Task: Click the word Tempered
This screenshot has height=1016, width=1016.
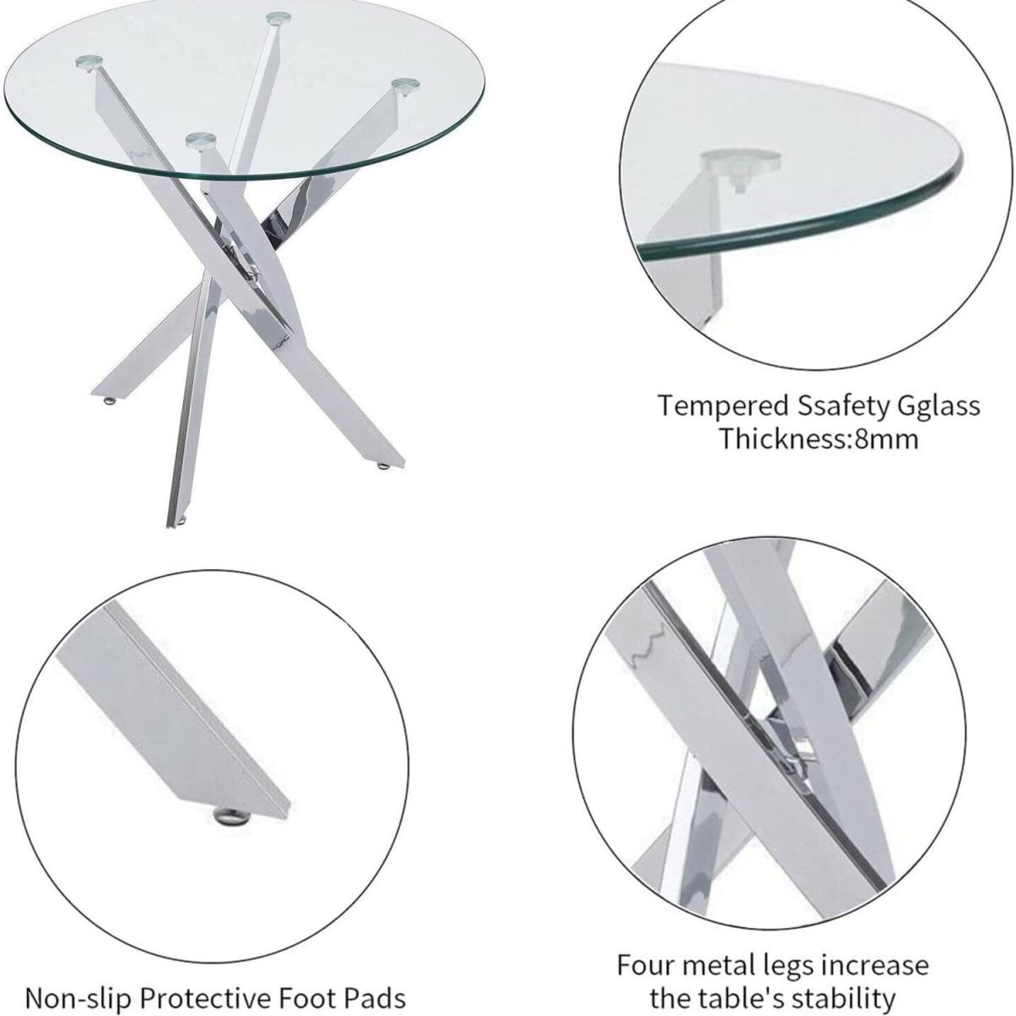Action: (x=723, y=406)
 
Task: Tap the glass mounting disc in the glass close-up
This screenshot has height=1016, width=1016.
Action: (x=740, y=161)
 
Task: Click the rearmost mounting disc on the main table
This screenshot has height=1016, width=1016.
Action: (x=279, y=19)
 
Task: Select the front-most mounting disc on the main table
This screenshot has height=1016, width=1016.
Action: (x=201, y=141)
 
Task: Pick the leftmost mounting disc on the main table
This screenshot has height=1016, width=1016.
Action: (x=91, y=62)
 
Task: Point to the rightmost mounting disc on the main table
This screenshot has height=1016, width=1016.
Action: (x=406, y=86)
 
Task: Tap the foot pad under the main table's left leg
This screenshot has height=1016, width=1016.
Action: (x=110, y=402)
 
